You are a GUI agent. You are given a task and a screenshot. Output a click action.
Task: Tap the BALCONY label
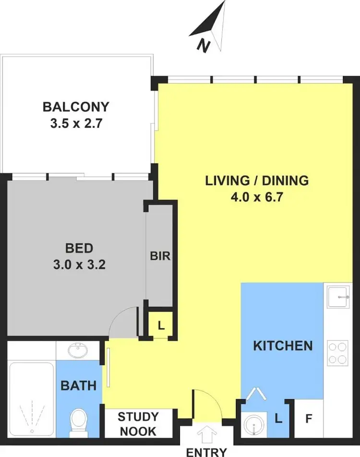[76, 106]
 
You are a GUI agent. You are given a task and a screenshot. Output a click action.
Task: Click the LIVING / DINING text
[256, 181]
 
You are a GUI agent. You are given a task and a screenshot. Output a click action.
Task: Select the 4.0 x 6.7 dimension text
[256, 198]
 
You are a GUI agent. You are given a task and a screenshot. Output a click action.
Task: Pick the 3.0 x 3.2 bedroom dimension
[79, 265]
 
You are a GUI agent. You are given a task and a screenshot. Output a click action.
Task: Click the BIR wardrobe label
[160, 256]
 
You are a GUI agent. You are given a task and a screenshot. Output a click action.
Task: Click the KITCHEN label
[283, 345]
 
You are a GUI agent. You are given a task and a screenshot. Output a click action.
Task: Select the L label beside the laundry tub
[278, 419]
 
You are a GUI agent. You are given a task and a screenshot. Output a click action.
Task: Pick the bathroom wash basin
[78, 351]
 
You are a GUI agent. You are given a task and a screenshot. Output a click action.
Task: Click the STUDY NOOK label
[137, 423]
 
